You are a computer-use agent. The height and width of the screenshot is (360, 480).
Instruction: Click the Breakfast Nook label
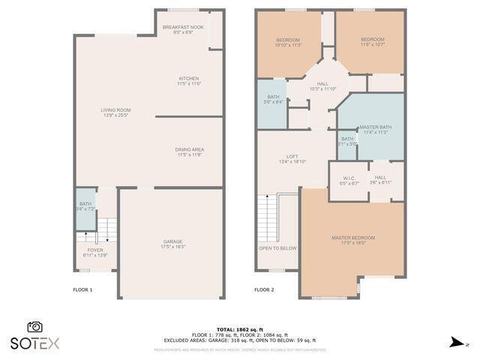pyautogui.click(x=178, y=27)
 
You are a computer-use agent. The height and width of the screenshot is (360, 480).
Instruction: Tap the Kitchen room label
pyautogui.click(x=188, y=79)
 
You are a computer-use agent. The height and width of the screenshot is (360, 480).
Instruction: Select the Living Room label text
pyautogui.click(x=116, y=110)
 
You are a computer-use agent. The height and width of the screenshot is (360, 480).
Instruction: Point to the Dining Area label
pyautogui.click(x=190, y=149)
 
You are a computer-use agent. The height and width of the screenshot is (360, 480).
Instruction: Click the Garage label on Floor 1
pyautogui.click(x=172, y=241)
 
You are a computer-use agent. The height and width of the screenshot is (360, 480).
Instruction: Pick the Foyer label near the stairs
pyautogui.click(x=95, y=250)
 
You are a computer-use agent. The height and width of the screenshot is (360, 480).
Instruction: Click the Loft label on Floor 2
pyautogui.click(x=292, y=156)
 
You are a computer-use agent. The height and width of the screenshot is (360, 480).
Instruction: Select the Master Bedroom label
pyautogui.click(x=353, y=238)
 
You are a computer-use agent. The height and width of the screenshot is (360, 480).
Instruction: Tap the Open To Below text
pyautogui.click(x=277, y=248)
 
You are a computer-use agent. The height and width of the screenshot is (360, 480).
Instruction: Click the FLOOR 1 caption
pyautogui.click(x=82, y=289)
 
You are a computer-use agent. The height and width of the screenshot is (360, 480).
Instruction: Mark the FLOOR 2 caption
pyautogui.click(x=264, y=289)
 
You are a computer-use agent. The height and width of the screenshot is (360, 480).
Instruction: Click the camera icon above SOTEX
pyautogui.click(x=34, y=327)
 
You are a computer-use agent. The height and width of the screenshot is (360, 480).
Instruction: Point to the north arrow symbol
pyautogui.click(x=455, y=343)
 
